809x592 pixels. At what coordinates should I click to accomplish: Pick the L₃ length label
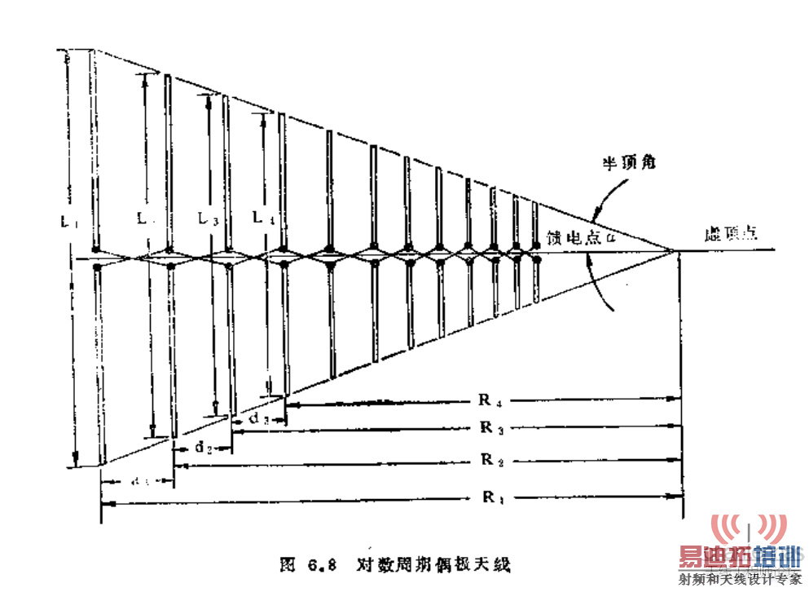point(209,219)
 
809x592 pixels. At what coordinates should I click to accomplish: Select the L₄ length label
point(262,218)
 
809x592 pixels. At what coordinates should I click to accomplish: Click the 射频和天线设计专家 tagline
point(739,581)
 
